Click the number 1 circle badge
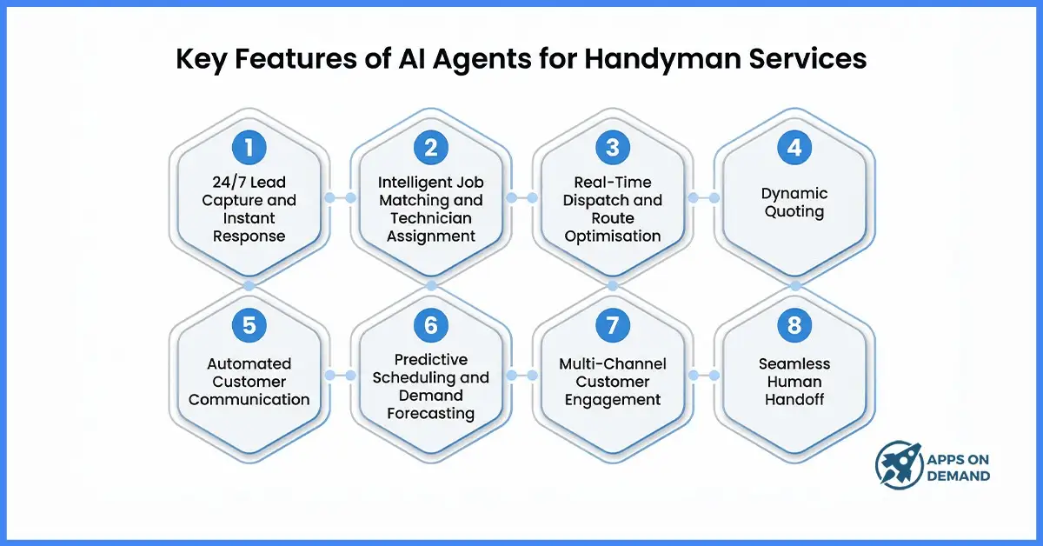click(249, 148)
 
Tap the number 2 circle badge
click(430, 148)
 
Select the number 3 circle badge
click(612, 148)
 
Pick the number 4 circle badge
click(794, 148)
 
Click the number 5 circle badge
click(249, 325)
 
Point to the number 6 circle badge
click(430, 325)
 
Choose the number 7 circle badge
click(612, 325)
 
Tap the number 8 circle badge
click(794, 325)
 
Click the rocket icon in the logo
click(898, 463)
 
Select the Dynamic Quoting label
click(794, 202)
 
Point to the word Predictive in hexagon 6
click(430, 359)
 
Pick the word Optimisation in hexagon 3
click(612, 236)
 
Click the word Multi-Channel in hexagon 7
click(612, 363)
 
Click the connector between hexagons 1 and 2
click(340, 198)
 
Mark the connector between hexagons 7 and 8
click(703, 376)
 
